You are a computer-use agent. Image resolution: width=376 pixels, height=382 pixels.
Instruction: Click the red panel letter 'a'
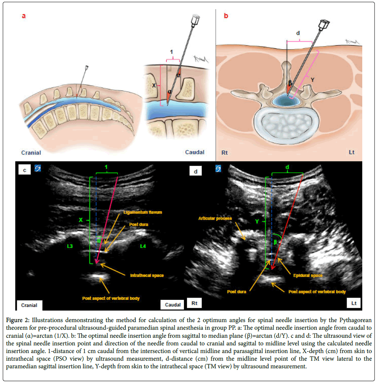[24, 16]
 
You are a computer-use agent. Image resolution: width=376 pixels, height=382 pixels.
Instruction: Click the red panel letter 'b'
[226, 16]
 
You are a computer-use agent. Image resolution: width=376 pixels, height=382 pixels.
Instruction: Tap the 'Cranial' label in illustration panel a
[31, 152]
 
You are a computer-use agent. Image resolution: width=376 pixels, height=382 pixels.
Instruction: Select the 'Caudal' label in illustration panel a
[195, 152]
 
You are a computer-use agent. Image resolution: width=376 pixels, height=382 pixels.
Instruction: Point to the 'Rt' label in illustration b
[225, 152]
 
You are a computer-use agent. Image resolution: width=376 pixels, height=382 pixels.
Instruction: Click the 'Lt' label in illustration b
[352, 152]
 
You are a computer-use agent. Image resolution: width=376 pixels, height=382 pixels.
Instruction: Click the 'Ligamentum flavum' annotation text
[140, 212]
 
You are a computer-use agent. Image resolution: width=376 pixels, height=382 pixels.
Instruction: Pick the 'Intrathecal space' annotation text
[147, 275]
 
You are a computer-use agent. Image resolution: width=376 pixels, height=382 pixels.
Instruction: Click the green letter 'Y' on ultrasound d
[257, 221]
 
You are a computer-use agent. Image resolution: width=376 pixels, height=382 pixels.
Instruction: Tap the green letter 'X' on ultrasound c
[81, 220]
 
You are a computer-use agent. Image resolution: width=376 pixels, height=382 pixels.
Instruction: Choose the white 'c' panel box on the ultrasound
[24, 170]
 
